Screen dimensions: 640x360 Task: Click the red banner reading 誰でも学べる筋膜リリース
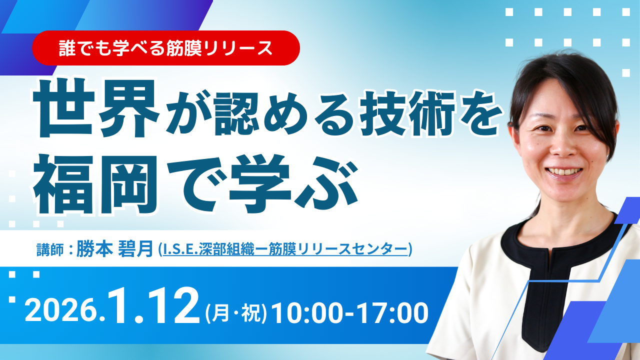[x=166, y=48]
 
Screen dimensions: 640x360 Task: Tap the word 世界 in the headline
[x=96, y=108]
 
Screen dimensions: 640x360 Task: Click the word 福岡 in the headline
[x=95, y=185]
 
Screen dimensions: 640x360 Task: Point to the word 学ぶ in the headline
[x=293, y=184]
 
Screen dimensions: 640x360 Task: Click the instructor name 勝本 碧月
[x=114, y=249]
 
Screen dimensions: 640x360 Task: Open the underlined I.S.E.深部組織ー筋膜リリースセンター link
[x=285, y=249]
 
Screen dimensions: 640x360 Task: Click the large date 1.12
[x=152, y=305]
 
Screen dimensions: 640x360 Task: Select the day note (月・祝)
[x=236, y=313]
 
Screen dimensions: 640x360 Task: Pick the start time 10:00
[x=307, y=313]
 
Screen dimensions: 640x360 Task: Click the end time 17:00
[x=392, y=313]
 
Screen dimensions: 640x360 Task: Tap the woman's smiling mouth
[x=564, y=172]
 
